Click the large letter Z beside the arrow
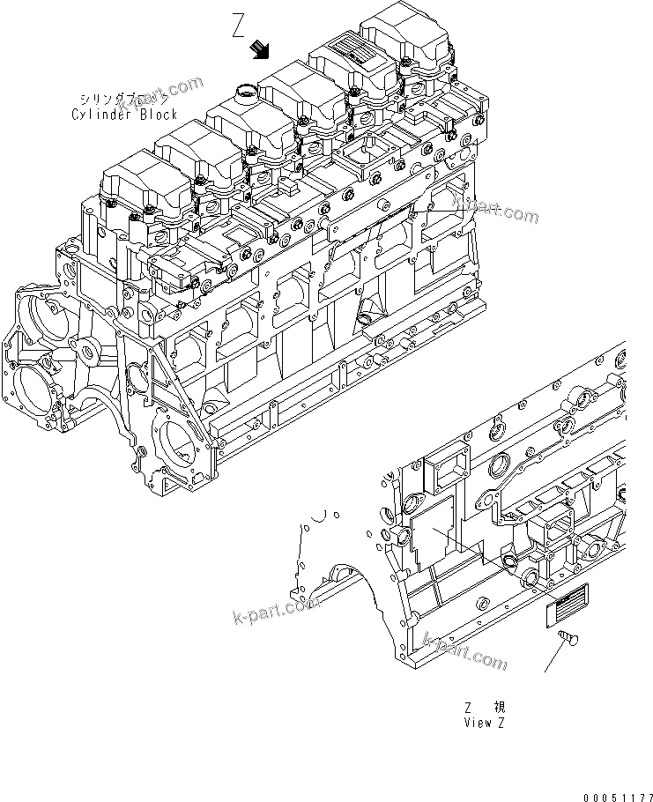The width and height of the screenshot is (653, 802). coord(239,26)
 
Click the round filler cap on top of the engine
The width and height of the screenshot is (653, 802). coord(247,89)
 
